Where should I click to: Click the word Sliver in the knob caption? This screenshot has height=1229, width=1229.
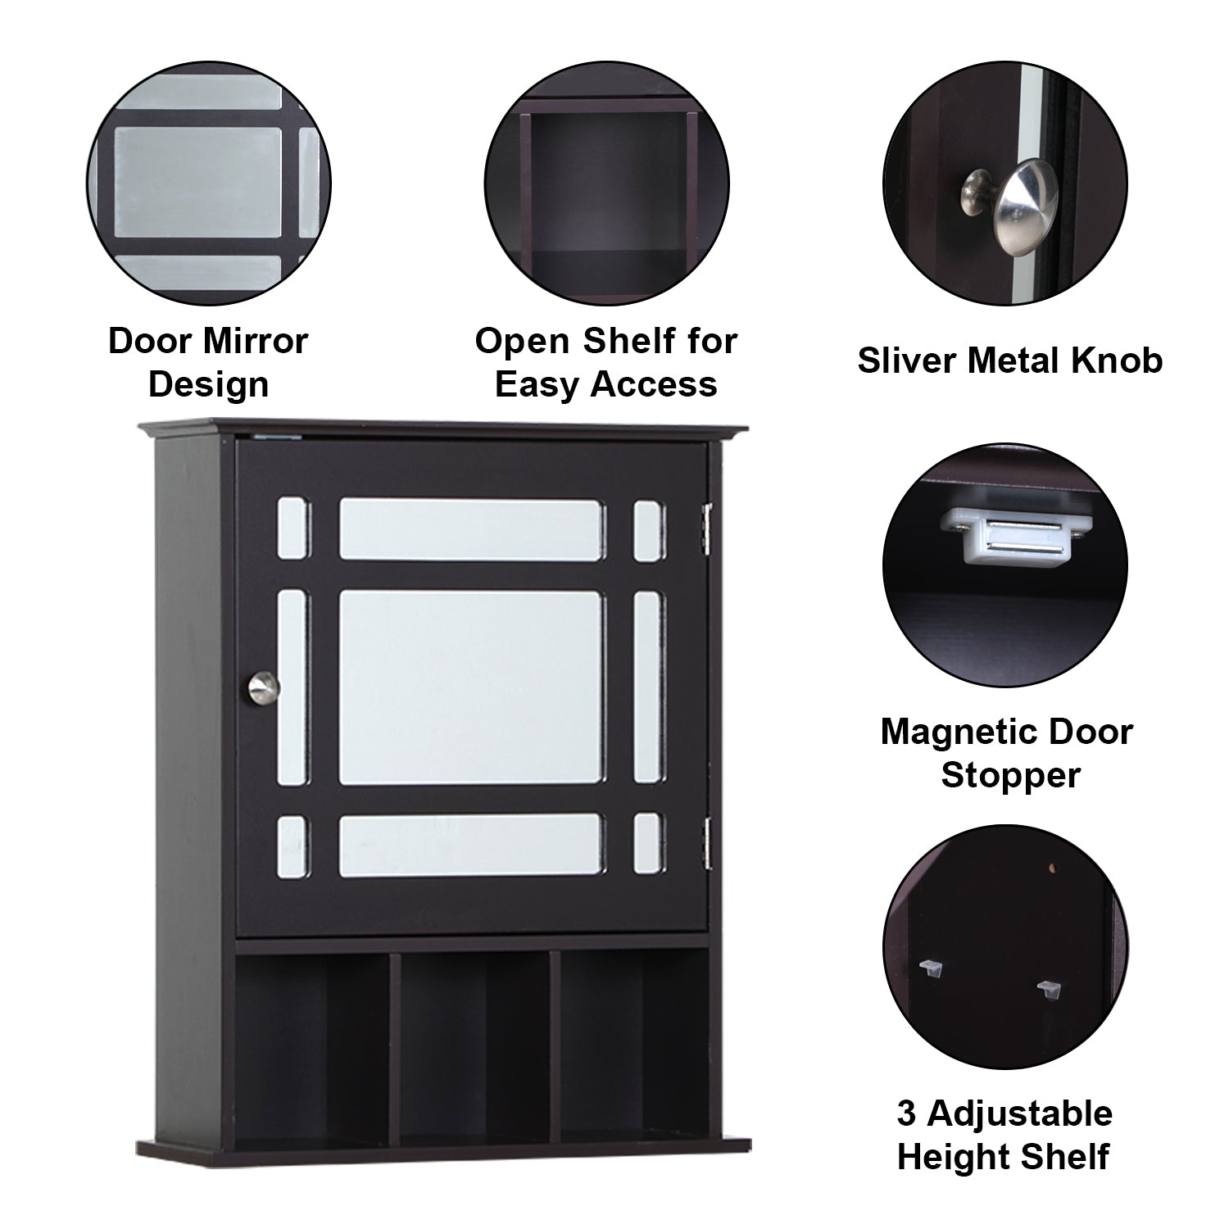pyautogui.click(x=907, y=361)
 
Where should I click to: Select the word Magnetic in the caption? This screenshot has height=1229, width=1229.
pyautogui.click(x=957, y=732)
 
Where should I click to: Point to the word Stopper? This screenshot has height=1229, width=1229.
pyautogui.click(x=1010, y=775)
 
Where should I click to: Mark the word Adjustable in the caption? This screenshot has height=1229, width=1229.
pyautogui.click(x=1020, y=1115)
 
